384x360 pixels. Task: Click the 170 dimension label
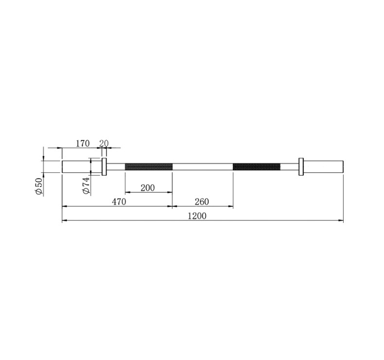(83, 144)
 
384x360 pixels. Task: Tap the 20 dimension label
(104, 144)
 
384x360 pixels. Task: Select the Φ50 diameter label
(39, 187)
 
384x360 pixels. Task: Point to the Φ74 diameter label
(86, 186)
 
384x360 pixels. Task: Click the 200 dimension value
(148, 188)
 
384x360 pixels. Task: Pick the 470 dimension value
(119, 202)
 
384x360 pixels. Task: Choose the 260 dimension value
(202, 202)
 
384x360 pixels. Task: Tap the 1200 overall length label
(197, 216)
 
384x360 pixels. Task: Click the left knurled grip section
(149, 167)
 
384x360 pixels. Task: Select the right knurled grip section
(257, 167)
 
